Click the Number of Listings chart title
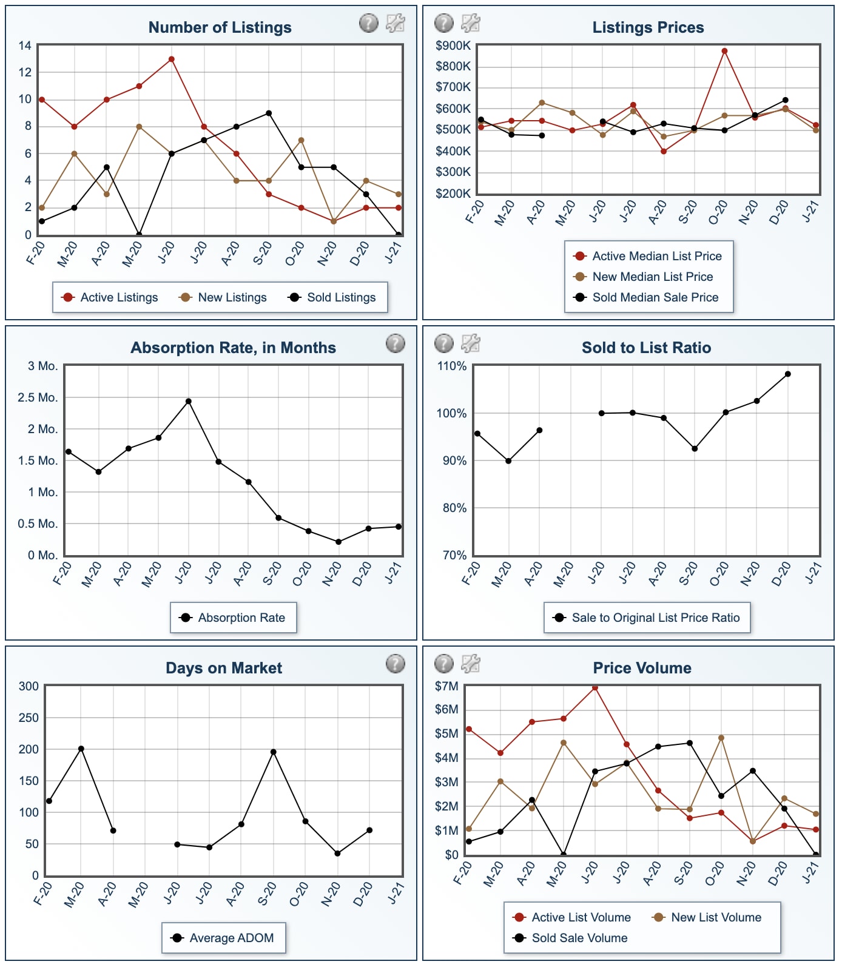click(220, 27)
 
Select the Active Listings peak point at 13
click(172, 59)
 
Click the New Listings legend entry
click(223, 297)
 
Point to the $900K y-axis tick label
click(453, 45)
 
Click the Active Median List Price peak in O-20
click(724, 51)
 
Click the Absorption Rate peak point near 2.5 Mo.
click(189, 401)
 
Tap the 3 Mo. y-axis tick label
click(42, 366)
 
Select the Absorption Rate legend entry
click(233, 618)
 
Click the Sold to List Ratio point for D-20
click(788, 374)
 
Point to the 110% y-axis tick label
click(452, 366)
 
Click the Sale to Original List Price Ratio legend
click(647, 618)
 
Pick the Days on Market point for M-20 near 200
click(81, 749)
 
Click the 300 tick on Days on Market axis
click(29, 686)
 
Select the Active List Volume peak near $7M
click(595, 688)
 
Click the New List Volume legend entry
click(707, 917)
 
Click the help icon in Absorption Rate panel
click(396, 343)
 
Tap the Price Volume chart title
click(642, 668)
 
